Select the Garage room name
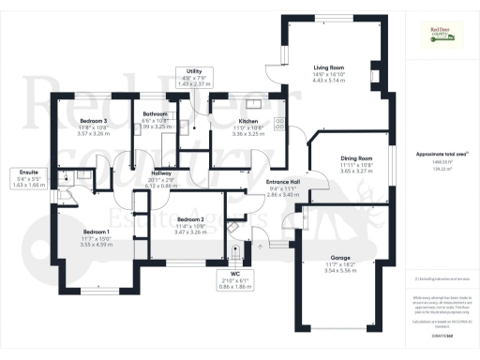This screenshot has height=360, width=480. (340, 256)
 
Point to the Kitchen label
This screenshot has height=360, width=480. (247, 121)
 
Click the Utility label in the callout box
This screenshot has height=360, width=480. (194, 71)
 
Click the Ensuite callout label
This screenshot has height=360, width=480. (29, 172)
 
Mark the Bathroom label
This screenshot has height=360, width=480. (154, 113)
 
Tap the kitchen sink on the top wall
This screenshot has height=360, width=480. (251, 97)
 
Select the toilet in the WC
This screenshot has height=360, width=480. (235, 248)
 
